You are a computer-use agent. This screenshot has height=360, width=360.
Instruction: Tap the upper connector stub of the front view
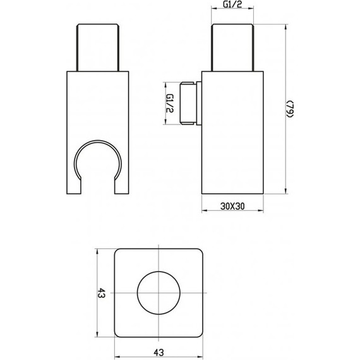[x=99, y=47]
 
